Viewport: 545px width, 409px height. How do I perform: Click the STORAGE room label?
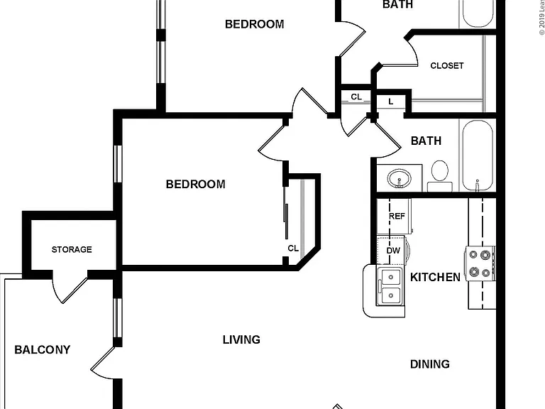click(x=72, y=249)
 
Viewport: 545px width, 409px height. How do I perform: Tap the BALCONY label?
click(x=43, y=349)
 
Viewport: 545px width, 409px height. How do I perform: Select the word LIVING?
click(x=241, y=339)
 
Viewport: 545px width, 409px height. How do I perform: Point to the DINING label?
click(x=430, y=364)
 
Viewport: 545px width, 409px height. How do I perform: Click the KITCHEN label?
click(x=435, y=277)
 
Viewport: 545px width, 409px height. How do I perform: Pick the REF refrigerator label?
click(x=397, y=217)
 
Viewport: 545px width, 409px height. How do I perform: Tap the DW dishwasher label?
click(x=393, y=251)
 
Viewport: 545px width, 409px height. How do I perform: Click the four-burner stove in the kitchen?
click(x=480, y=263)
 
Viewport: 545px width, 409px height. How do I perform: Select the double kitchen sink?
click(x=390, y=286)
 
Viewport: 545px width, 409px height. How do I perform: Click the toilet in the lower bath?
click(x=440, y=176)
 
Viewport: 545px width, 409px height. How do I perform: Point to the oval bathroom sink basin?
click(x=399, y=178)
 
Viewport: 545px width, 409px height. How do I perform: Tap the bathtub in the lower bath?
click(x=478, y=156)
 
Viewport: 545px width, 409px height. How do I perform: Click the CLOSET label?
click(x=446, y=66)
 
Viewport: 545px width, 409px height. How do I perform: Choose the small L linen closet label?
click(x=391, y=102)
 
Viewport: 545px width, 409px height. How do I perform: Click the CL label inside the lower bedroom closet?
click(x=293, y=249)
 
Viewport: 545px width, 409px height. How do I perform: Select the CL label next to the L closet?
click(x=356, y=97)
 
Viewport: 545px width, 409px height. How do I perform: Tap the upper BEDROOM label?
click(x=255, y=24)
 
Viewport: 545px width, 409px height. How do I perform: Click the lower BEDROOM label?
click(x=195, y=184)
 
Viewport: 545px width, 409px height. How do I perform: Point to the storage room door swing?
click(x=70, y=288)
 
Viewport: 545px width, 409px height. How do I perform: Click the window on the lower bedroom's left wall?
click(x=119, y=163)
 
